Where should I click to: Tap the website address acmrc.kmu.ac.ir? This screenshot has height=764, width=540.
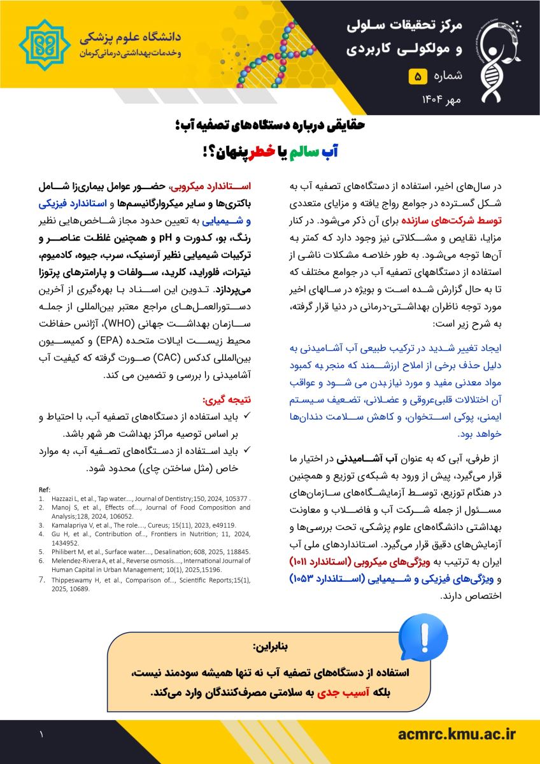[456, 735]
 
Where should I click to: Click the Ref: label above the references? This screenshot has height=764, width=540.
[45, 489]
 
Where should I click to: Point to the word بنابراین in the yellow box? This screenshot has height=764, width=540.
[271, 647]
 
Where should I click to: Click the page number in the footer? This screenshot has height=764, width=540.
[41, 735]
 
